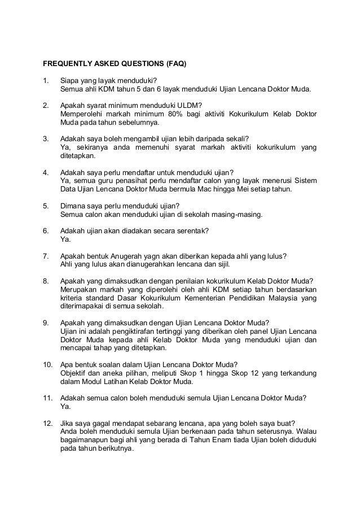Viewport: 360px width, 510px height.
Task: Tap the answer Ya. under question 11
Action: (65, 406)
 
